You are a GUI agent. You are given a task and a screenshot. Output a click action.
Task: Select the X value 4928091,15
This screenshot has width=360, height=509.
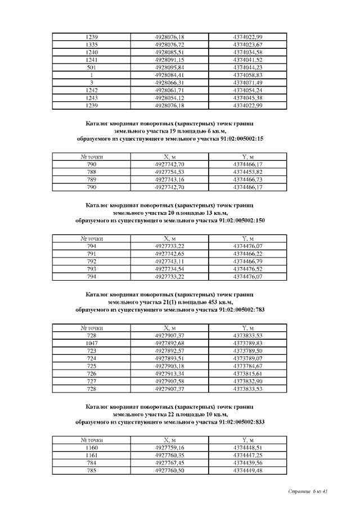[x=169, y=59]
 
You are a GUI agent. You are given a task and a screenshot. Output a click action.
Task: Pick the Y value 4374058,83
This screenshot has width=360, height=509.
[x=247, y=74]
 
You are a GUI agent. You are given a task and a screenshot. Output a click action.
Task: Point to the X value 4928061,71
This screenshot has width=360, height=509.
[x=169, y=89]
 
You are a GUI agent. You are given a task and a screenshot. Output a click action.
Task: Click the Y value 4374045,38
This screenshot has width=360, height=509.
[x=247, y=97]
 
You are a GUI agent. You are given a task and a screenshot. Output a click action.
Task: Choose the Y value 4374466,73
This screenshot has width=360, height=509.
[x=247, y=179]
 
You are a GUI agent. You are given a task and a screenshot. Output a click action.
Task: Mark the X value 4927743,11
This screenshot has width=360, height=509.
[x=169, y=262]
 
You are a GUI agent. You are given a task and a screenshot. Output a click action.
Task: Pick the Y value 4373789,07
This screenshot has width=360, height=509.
[x=247, y=358]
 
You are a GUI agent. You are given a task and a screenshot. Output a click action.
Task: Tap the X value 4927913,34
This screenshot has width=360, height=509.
[x=169, y=373]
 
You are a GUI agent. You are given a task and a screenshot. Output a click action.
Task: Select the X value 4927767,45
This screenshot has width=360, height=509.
[x=169, y=463]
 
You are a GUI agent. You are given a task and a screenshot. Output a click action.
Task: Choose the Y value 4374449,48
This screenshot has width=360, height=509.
[x=247, y=470]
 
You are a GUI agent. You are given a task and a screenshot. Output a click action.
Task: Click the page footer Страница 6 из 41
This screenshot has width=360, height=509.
[x=307, y=492]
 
